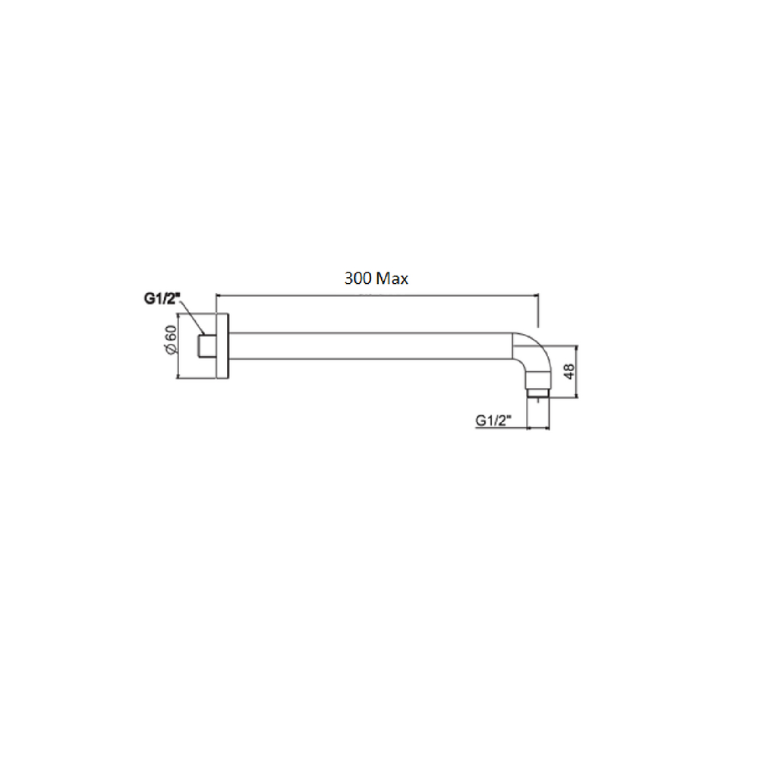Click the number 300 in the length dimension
tap(357, 279)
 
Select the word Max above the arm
tap(392, 279)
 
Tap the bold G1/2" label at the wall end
tap(162, 299)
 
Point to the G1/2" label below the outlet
tap(493, 420)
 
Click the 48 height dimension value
tap(568, 371)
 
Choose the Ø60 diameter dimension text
tap(170, 340)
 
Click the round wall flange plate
tap(222, 346)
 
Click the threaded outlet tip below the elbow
tap(538, 392)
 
